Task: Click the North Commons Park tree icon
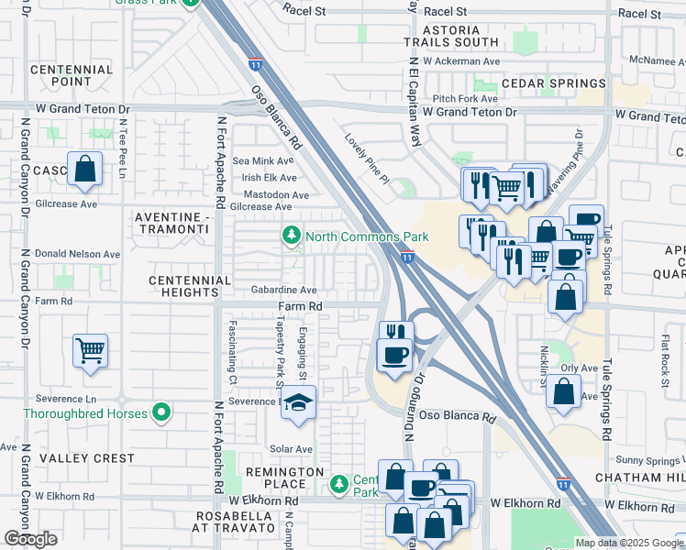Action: [292, 236]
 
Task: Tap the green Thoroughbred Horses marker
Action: [161, 414]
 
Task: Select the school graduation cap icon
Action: [298, 402]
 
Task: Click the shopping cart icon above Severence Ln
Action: [90, 349]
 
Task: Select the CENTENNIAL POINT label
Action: [72, 76]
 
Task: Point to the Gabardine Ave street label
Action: [283, 289]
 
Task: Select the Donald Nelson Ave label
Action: [72, 254]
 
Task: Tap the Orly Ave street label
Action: [579, 368]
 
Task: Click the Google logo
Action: [30, 539]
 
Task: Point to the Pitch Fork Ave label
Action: [465, 97]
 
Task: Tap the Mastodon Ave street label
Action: [275, 194]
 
